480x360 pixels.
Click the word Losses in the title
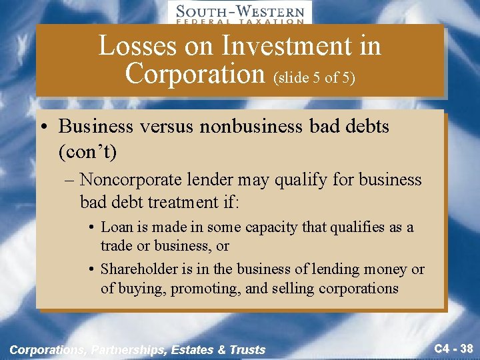pos(138,46)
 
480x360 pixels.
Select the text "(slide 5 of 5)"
pos(314,77)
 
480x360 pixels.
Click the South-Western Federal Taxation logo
pos(239,13)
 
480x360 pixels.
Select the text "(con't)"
pos(87,152)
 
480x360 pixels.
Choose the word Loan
pos(116,227)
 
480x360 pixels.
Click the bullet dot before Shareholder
pos(91,270)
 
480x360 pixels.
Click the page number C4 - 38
pos(453,347)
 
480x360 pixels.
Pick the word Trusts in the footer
pos(248,349)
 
